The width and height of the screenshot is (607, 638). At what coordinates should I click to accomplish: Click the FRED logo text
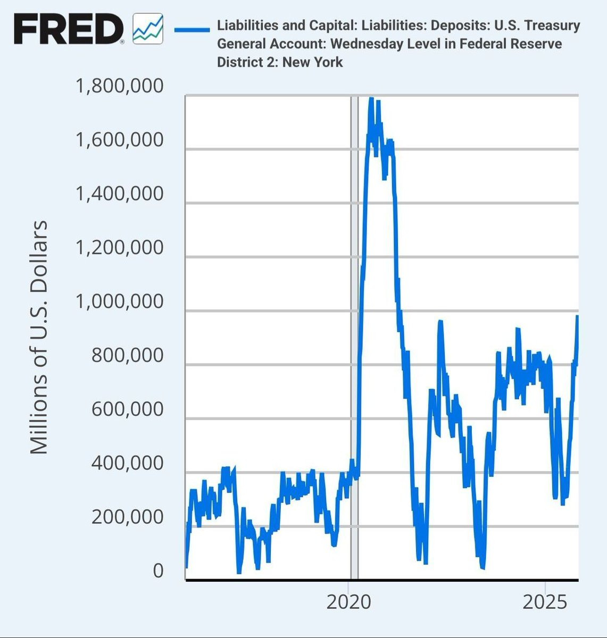click(x=68, y=29)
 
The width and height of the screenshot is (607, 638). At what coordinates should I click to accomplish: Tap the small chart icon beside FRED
click(x=147, y=29)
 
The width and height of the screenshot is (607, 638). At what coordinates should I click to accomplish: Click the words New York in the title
click(x=312, y=62)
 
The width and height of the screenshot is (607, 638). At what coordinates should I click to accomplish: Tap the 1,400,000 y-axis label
click(x=120, y=194)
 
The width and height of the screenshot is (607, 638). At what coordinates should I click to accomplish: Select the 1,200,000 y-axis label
click(x=120, y=248)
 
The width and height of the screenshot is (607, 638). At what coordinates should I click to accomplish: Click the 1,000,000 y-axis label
click(x=120, y=301)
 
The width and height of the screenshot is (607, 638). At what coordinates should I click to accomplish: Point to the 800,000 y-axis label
click(x=128, y=355)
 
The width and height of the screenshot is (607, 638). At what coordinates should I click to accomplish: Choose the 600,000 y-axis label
click(x=128, y=409)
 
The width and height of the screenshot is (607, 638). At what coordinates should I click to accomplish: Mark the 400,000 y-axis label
click(x=128, y=463)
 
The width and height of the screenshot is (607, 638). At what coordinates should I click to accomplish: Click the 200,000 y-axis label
click(x=128, y=517)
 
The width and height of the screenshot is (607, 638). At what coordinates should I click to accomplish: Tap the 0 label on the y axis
click(x=158, y=570)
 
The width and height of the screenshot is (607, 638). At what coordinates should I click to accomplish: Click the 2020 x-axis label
click(x=348, y=602)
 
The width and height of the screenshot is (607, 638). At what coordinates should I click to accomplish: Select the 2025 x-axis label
click(x=545, y=602)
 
